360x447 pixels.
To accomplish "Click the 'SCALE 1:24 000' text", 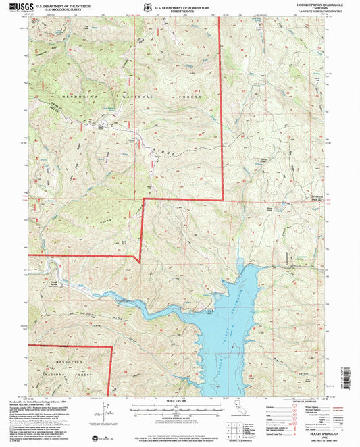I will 179,403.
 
